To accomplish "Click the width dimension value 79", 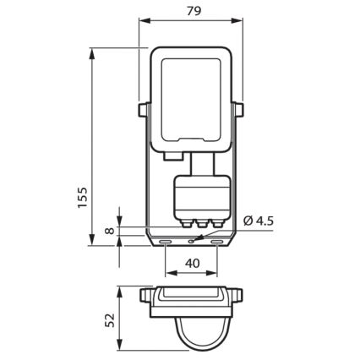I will click(x=190, y=11).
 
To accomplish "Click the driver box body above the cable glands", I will click(x=193, y=196).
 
